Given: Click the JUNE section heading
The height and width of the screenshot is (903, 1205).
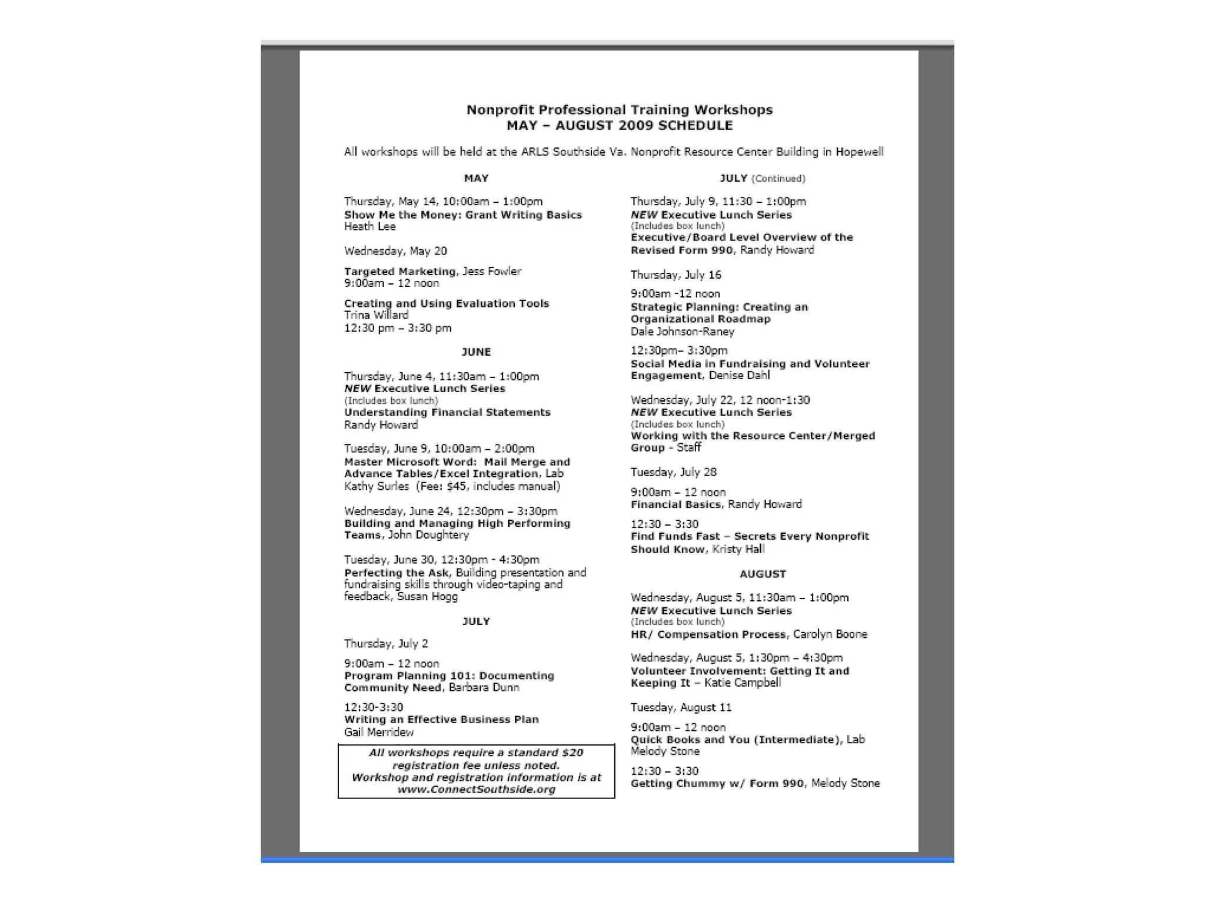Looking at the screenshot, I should point(476,352).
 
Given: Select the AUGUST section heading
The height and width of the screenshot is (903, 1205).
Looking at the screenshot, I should point(763,574).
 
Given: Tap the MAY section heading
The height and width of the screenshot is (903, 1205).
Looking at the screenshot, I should point(476,178).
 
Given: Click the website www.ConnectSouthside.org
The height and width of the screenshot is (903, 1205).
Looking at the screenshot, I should point(476,790).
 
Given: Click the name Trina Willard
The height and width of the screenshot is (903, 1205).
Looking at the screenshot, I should point(376,315).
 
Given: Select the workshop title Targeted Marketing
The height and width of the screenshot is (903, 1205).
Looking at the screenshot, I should point(400,272).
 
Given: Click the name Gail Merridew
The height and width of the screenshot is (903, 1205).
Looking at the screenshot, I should point(379,733).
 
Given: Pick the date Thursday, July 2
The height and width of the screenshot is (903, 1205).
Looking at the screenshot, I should point(386,644).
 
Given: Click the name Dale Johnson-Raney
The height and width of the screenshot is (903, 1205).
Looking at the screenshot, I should point(683,332).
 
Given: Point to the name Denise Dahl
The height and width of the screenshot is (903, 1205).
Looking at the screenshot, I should point(739,376).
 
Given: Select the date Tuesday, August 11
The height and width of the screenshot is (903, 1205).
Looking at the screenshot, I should point(681,707).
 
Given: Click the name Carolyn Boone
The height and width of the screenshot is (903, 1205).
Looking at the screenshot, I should point(830,634).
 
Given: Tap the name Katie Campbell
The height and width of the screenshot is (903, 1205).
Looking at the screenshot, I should point(743,683).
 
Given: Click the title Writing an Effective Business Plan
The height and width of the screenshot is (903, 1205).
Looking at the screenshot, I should point(441,720).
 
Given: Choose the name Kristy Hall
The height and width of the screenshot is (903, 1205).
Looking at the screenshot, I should point(738,549).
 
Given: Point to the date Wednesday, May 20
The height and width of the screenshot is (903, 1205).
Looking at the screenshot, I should point(395,251).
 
